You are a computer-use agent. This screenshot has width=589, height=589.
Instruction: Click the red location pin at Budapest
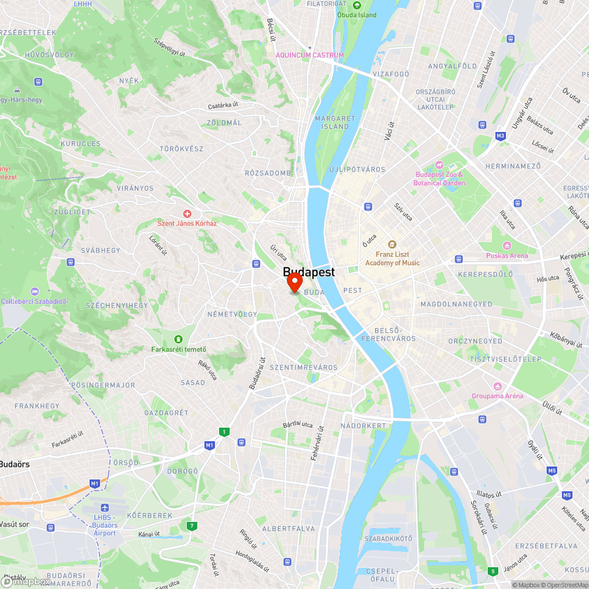(294, 283)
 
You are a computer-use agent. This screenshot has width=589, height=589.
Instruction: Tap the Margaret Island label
(336, 122)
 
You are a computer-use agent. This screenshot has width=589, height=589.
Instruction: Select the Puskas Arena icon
(507, 246)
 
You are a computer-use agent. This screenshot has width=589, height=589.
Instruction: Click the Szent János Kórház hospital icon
(187, 213)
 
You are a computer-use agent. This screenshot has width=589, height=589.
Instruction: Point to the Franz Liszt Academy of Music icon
(392, 244)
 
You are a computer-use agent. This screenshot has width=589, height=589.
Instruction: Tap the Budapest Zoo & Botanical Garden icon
(439, 165)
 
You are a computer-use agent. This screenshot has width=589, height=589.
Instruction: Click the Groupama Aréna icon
(497, 386)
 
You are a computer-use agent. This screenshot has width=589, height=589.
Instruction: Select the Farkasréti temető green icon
(177, 339)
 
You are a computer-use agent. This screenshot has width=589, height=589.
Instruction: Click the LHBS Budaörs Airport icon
(105, 508)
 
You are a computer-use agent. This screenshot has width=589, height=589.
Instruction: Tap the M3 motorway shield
(501, 136)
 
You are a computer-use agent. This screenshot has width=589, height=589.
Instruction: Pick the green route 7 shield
(191, 525)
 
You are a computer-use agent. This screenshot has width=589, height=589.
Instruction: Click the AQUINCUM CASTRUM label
(310, 55)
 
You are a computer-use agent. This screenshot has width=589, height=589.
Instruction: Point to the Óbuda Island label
(356, 15)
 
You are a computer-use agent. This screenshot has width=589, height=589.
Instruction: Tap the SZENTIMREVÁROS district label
(303, 368)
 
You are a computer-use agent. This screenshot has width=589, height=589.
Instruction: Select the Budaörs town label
(14, 464)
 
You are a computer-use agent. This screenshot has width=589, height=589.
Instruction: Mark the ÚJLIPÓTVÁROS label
(357, 170)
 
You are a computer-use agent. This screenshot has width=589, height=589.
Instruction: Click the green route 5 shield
(492, 571)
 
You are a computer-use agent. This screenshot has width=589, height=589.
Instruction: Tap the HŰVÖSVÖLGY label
(49, 55)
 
